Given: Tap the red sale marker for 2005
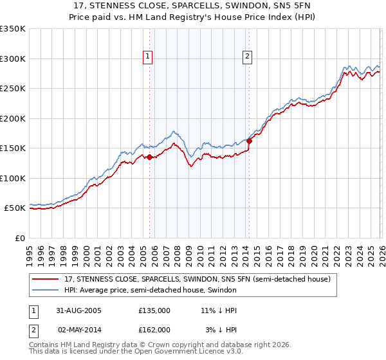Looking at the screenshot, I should [x=150, y=157].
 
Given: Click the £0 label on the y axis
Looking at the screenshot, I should [x=19, y=238].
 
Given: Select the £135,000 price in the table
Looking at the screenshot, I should [x=154, y=310].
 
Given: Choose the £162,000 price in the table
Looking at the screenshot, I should [x=154, y=329].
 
